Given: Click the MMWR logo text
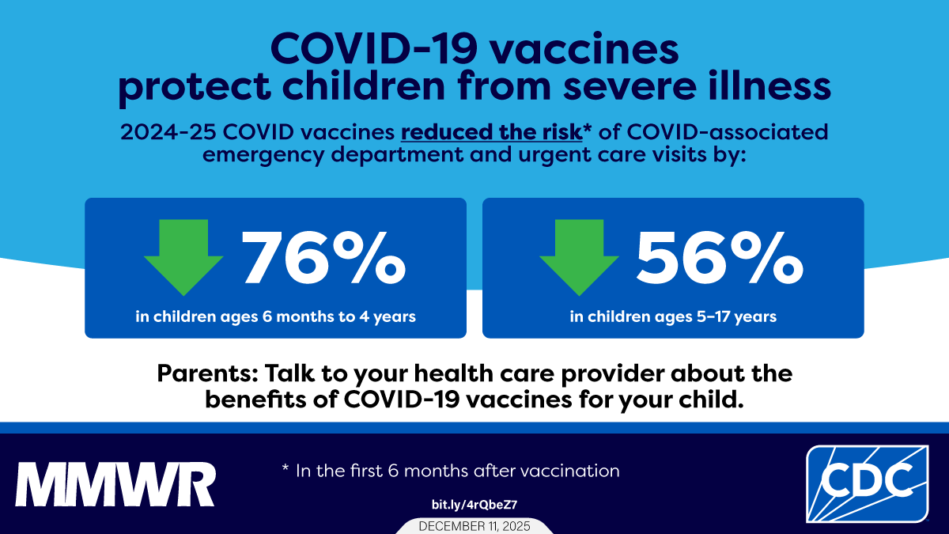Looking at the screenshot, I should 115,483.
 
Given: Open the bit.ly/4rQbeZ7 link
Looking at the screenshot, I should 475,504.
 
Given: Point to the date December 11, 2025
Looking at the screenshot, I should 475,526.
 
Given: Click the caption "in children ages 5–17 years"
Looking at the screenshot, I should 673,317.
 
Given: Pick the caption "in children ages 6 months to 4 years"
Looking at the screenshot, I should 275,317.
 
